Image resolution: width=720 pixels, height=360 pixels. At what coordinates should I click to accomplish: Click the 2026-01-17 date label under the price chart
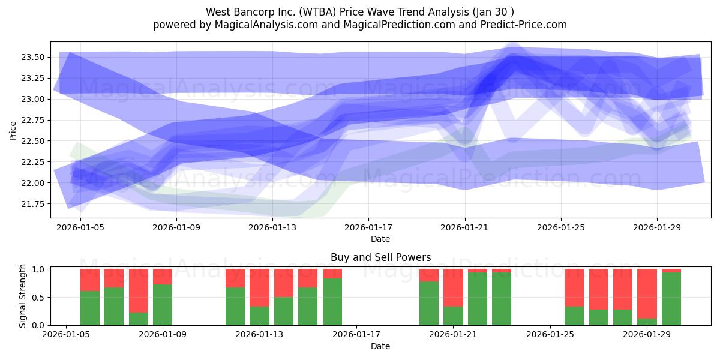(368, 228)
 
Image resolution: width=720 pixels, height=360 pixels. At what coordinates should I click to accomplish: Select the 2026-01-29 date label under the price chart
(657, 228)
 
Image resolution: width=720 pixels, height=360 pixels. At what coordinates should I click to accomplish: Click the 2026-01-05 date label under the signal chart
(66, 335)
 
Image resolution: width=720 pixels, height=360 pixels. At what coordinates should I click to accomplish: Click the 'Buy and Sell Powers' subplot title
(380, 257)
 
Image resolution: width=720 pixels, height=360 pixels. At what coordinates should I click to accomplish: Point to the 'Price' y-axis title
(13, 130)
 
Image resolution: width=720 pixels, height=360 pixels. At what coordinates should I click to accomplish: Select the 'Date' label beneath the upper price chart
(380, 239)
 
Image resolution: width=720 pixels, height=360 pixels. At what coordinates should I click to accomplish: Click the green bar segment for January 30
(671, 298)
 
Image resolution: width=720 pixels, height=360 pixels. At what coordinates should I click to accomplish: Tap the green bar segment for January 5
(90, 308)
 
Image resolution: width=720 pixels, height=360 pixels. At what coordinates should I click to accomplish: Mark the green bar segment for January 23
(502, 298)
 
